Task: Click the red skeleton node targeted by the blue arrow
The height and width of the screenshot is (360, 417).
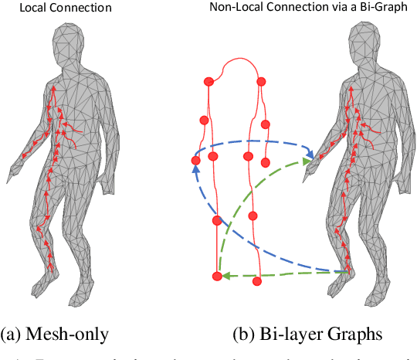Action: point(196,161)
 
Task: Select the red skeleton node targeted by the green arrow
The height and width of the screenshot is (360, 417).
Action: point(218,276)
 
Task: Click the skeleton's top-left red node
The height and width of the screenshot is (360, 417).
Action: point(207,81)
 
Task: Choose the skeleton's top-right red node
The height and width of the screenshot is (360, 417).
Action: point(261,81)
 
